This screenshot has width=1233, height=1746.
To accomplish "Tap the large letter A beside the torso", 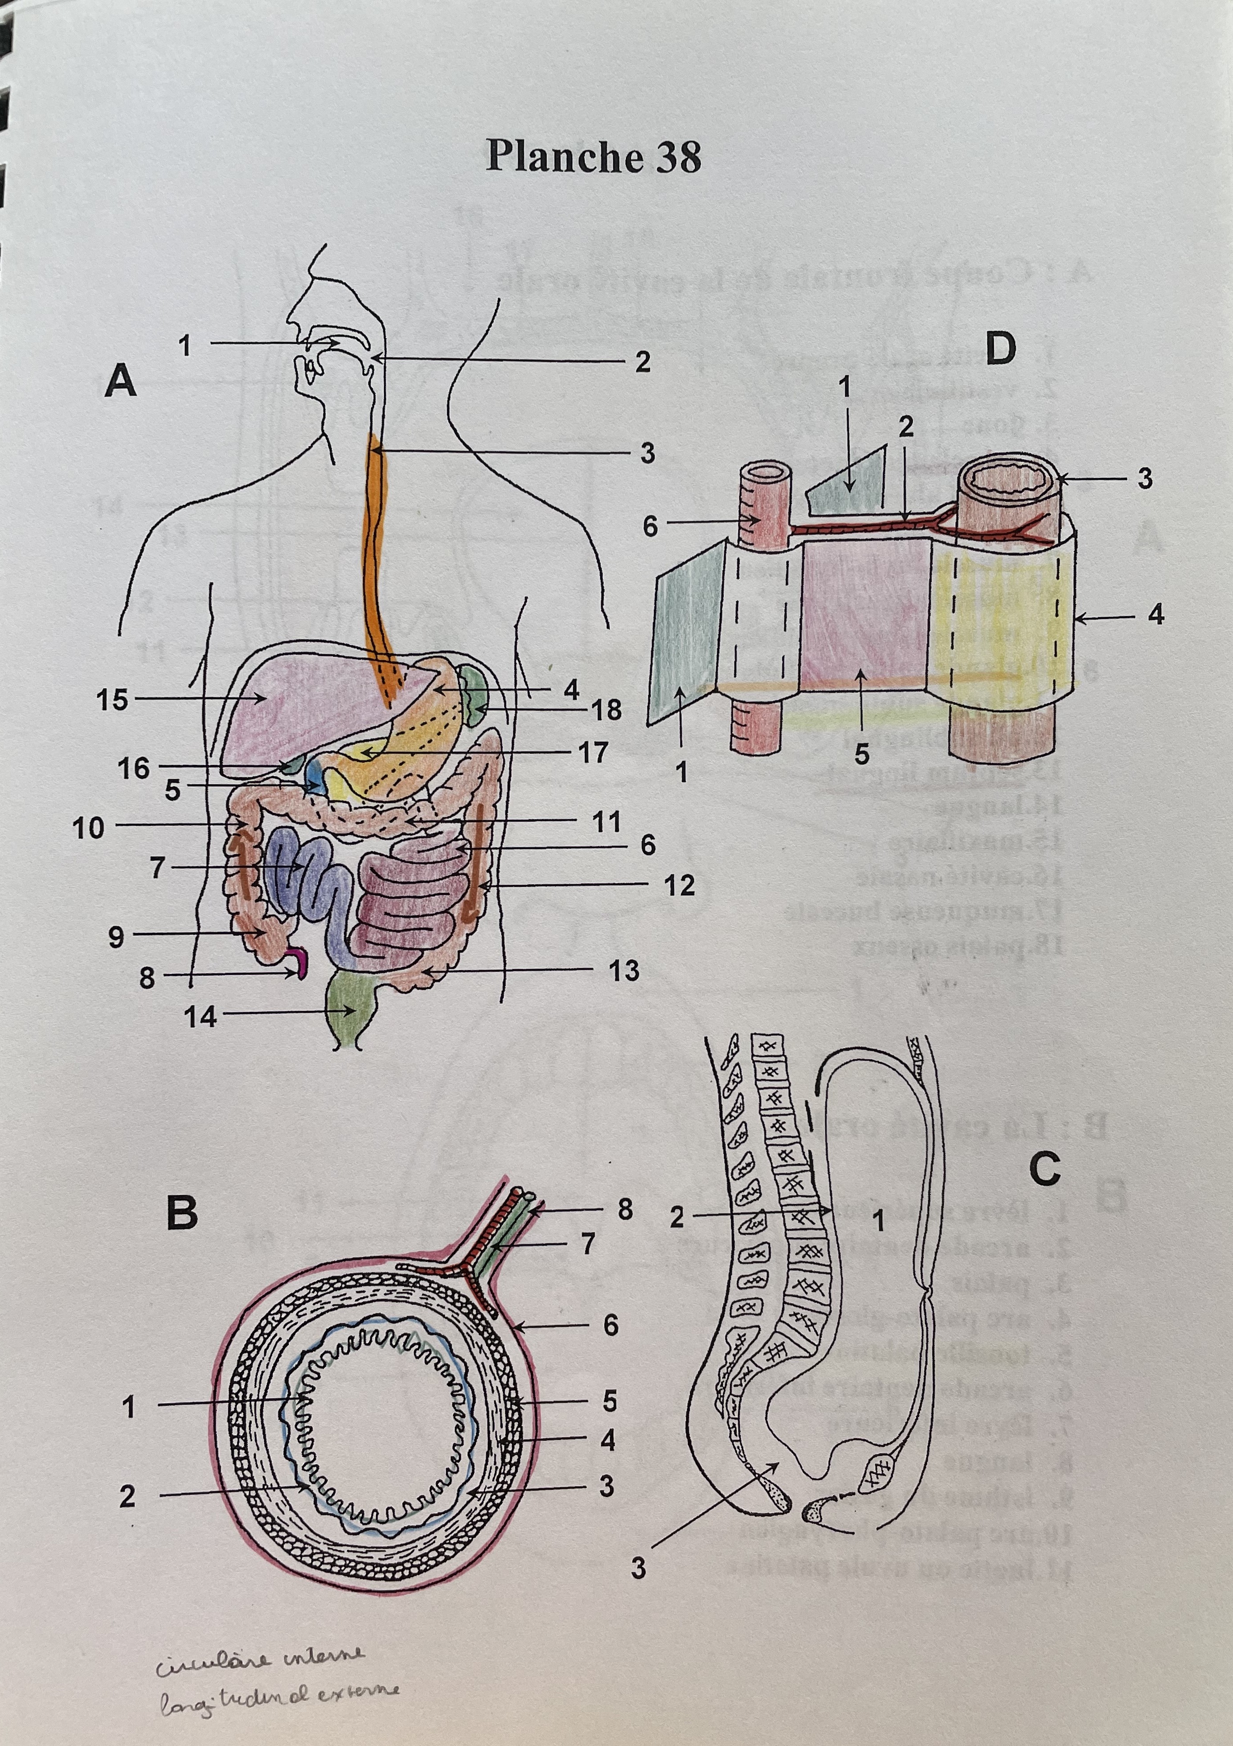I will pos(121,380).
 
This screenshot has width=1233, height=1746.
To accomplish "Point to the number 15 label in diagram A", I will pos(112,700).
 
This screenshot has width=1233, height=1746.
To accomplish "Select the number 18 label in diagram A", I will pos(606,710).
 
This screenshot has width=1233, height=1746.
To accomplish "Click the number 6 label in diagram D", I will pos(651,526).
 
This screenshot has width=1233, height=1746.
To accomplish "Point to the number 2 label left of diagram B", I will pos(128,1497).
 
